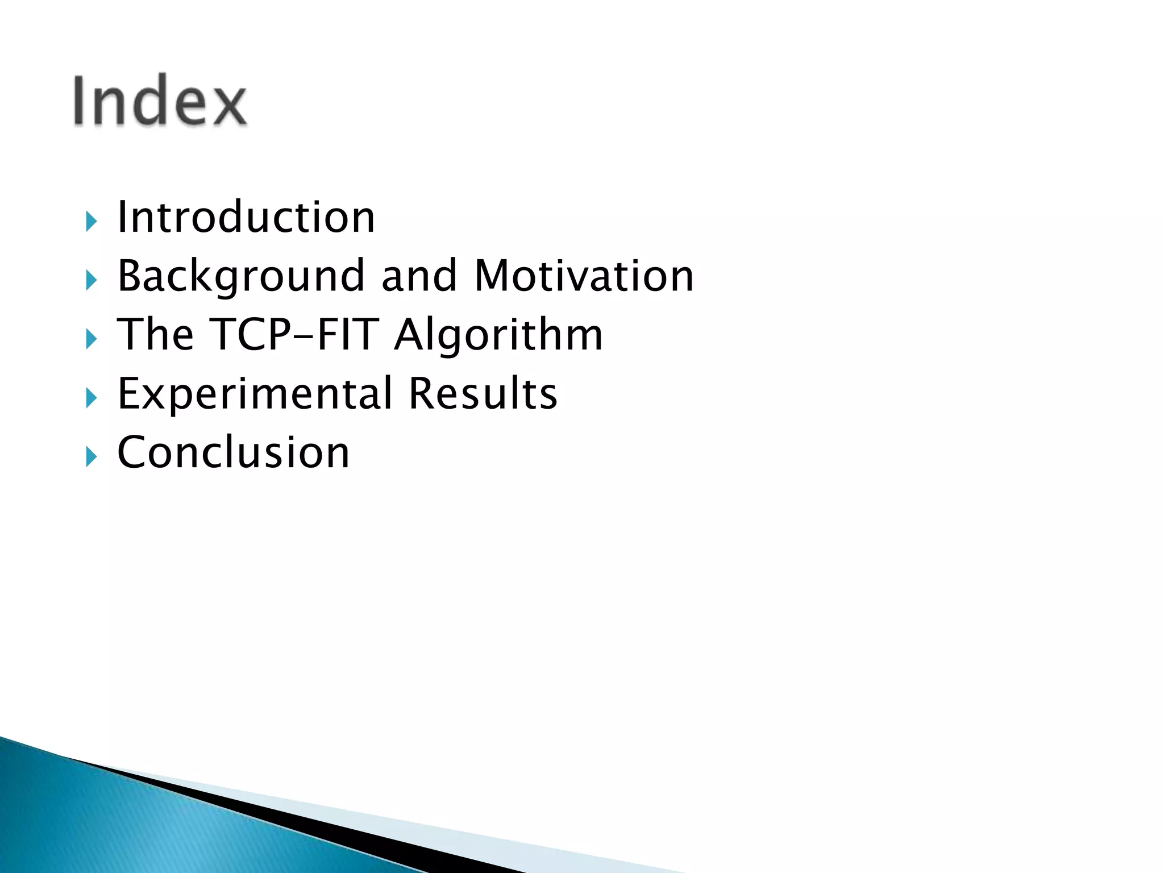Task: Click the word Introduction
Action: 246,217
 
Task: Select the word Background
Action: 240,277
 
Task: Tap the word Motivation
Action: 584,276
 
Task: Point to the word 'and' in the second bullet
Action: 419,276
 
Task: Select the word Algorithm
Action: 498,335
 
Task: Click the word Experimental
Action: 255,394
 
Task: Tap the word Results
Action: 483,393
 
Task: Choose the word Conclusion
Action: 233,452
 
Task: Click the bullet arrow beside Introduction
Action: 92,221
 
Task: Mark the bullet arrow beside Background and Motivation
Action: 92,280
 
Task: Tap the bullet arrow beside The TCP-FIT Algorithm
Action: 92,339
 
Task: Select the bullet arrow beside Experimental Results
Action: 92,398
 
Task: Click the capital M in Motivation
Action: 493,276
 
